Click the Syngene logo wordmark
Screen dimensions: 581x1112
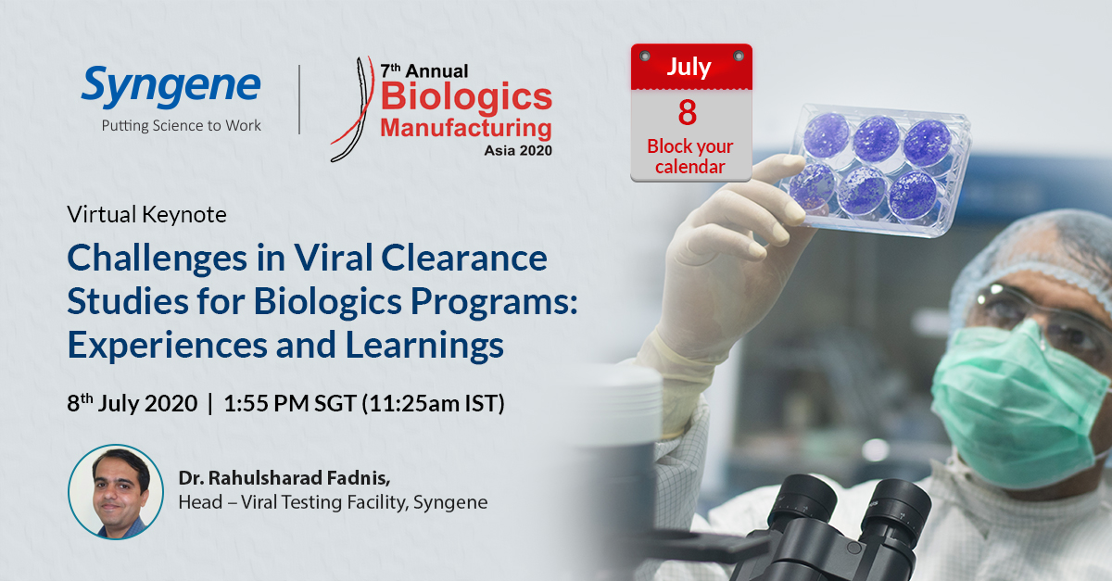click(171, 89)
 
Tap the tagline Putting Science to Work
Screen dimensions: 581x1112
click(182, 126)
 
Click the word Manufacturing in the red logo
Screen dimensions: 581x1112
click(465, 127)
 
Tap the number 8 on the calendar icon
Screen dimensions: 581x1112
click(687, 112)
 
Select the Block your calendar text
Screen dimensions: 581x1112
click(689, 157)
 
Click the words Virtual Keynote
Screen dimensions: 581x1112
click(146, 214)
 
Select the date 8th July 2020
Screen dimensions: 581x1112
click(132, 404)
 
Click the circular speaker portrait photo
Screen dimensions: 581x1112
click(115, 491)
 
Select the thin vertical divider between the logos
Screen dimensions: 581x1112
click(299, 100)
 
